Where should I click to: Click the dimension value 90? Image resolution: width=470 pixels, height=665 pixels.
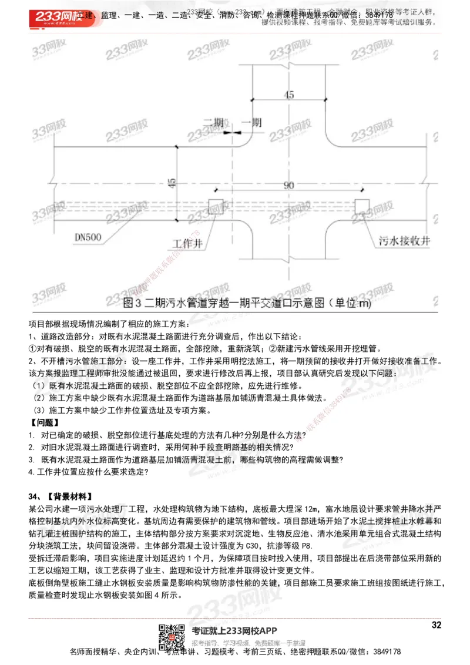(x=288, y=185)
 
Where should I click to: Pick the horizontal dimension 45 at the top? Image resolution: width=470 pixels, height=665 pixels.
(x=288, y=94)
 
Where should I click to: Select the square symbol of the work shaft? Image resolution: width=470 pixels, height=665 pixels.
(x=215, y=207)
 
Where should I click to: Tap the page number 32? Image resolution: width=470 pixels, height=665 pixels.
(x=436, y=625)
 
